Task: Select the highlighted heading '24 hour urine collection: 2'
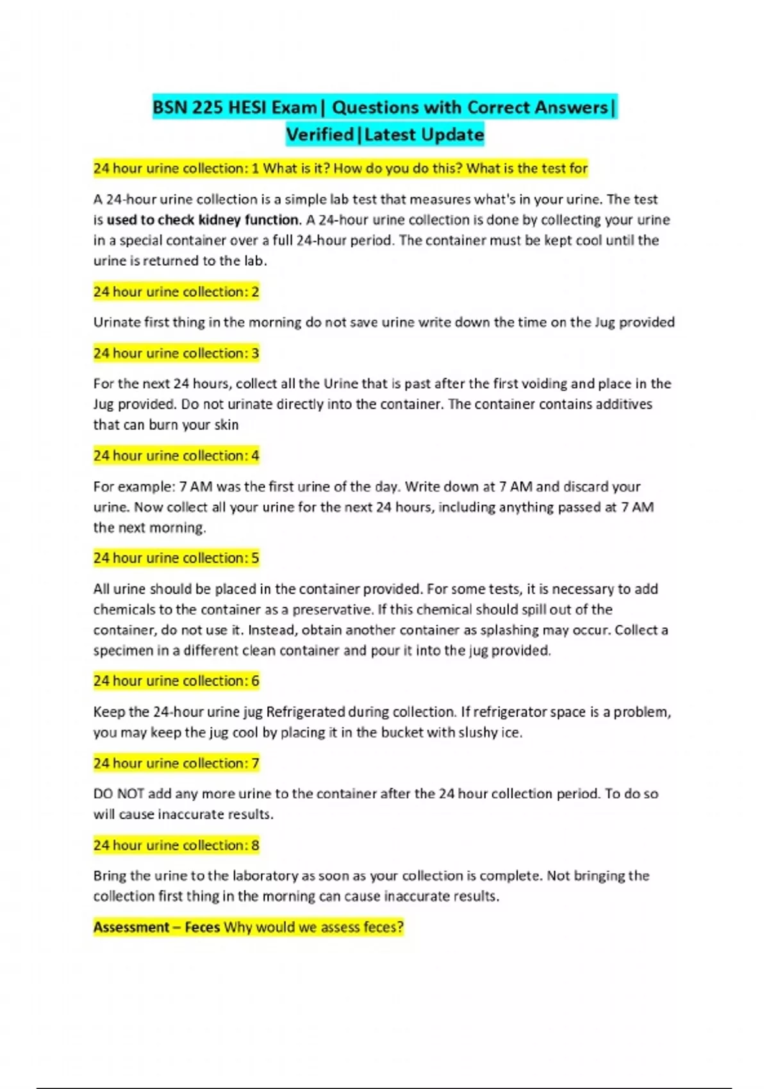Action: click(x=176, y=291)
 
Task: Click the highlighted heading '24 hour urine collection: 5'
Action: click(x=176, y=558)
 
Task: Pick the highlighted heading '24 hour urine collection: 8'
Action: click(x=176, y=845)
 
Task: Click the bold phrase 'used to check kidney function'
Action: click(x=203, y=220)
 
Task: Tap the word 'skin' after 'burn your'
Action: click(x=226, y=425)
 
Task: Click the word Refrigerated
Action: click(x=306, y=712)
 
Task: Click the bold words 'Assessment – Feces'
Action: click(x=156, y=927)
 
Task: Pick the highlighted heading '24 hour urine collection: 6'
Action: click(x=176, y=681)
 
